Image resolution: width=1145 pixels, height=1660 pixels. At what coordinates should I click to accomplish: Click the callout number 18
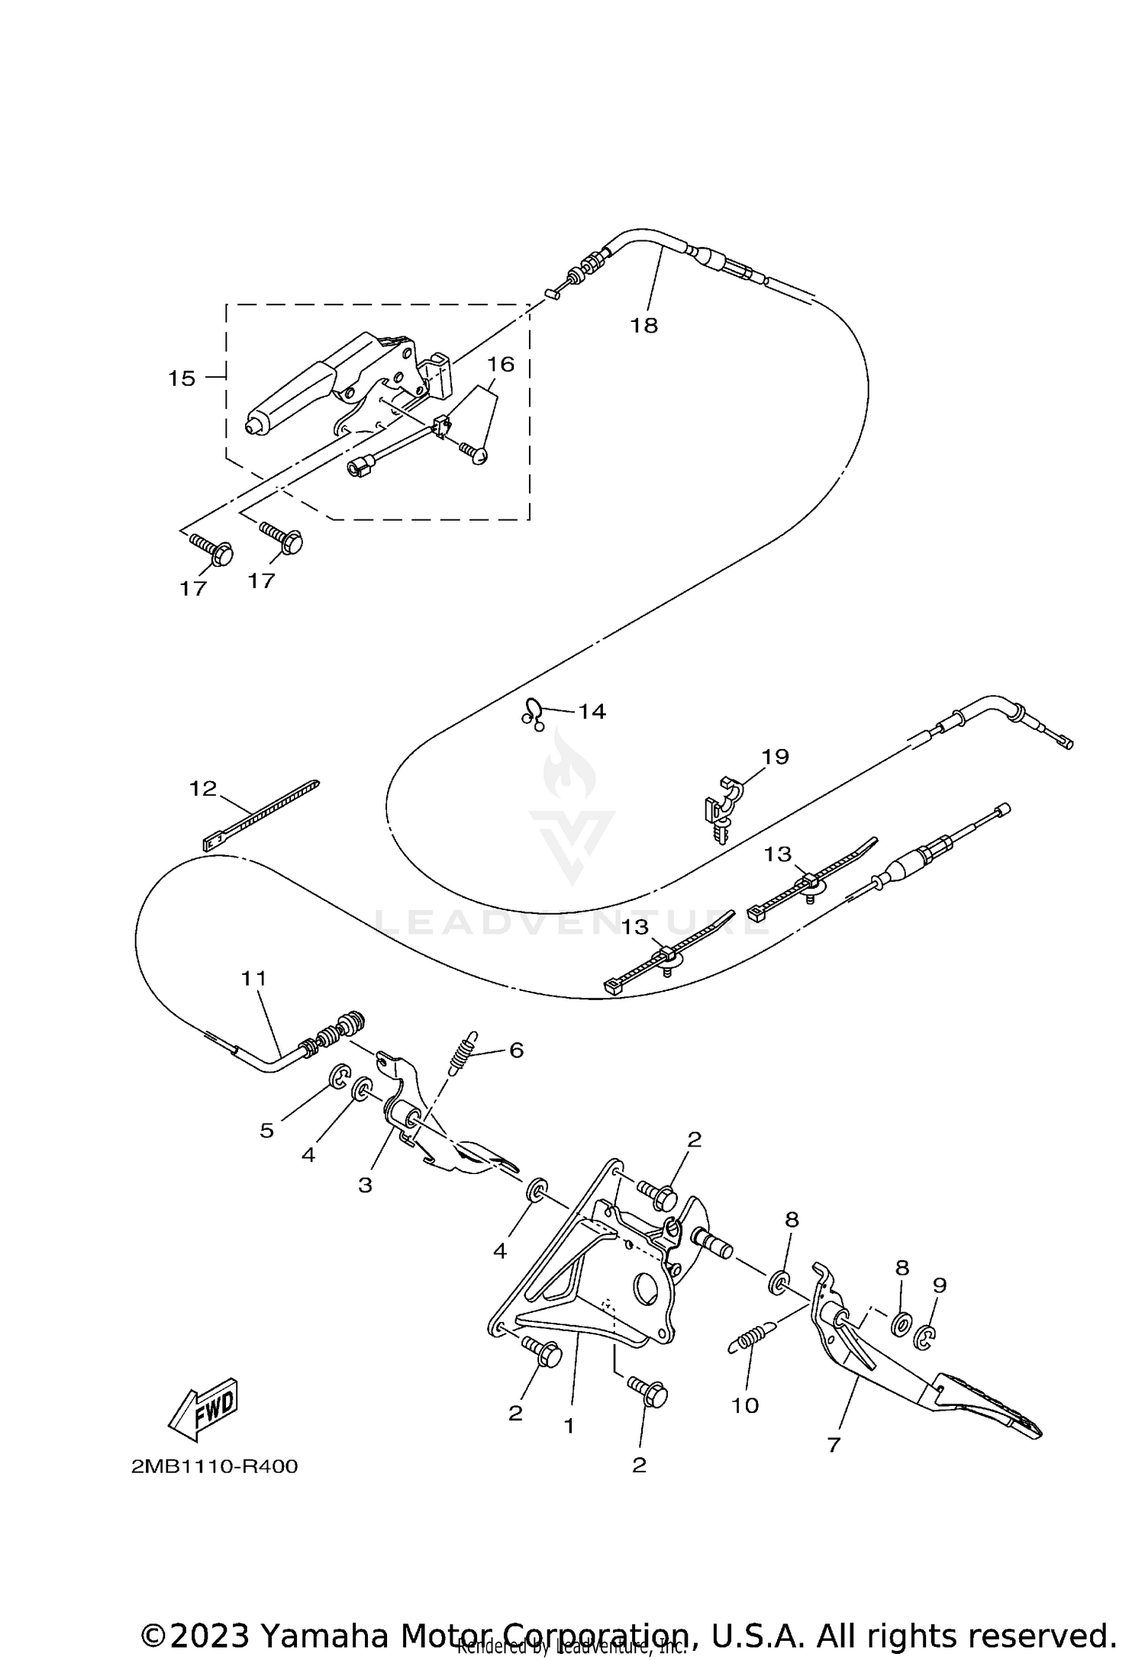coord(643,326)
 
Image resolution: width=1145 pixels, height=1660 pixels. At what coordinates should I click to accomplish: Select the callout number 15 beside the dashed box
coord(182,378)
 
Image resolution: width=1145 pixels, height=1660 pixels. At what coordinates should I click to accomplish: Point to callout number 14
coord(592,712)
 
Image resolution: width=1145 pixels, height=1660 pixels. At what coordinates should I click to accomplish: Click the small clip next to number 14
coord(533,713)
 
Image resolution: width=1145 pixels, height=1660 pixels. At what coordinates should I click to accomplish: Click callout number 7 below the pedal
coord(833,1445)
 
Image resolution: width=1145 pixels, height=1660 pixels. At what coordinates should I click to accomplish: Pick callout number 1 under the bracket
coord(569,1425)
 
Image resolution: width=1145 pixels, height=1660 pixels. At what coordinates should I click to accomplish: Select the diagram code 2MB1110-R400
coord(214,1467)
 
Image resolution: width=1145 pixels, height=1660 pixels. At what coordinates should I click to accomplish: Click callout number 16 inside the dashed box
coord(501,365)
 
